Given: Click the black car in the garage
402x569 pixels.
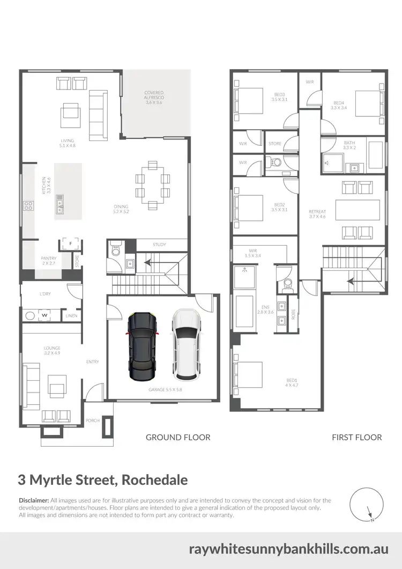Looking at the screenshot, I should click(x=142, y=346).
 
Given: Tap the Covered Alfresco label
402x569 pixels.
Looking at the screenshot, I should click(x=154, y=97).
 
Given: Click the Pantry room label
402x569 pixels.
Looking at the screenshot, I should click(x=49, y=261).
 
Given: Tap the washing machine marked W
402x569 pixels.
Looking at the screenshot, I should click(x=44, y=315).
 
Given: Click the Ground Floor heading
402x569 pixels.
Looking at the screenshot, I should click(x=178, y=437).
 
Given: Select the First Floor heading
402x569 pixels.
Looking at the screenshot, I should click(x=357, y=437).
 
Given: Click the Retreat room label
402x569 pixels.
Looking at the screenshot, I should click(x=317, y=214).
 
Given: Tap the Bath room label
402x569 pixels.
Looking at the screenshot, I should click(x=349, y=145).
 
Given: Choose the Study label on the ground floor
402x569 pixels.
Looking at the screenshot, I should click(x=159, y=245).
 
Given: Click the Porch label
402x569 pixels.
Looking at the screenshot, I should click(x=93, y=420).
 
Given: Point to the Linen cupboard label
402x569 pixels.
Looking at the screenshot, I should click(x=71, y=316).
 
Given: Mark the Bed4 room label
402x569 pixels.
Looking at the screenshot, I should click(x=339, y=106).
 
